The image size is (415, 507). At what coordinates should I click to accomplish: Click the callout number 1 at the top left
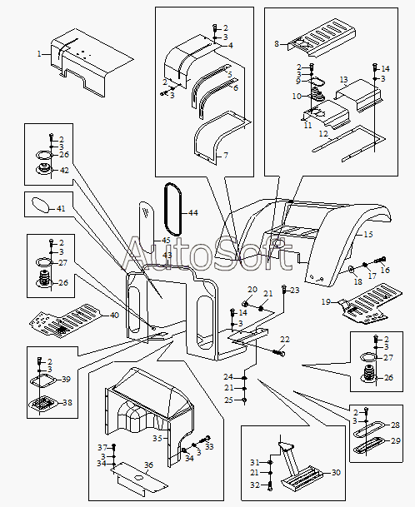tap(39, 54)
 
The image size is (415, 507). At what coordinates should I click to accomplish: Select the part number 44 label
tap(193, 213)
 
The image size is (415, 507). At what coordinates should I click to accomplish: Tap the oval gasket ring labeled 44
tap(173, 209)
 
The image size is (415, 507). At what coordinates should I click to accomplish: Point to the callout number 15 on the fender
tap(368, 234)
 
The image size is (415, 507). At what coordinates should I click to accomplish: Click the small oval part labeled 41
tap(41, 205)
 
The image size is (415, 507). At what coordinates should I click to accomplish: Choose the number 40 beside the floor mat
tap(115, 315)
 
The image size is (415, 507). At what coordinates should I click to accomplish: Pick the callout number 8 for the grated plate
tap(277, 43)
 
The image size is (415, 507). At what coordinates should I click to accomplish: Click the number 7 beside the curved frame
tap(226, 155)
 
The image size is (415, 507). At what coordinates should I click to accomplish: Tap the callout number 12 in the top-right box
tap(323, 133)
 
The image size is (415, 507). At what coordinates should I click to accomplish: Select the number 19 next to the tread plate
tap(326, 301)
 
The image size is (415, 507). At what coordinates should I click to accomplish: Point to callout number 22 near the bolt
tap(285, 339)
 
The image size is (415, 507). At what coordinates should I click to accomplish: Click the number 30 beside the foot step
tap(336, 472)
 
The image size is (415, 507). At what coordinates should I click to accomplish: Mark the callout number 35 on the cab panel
tap(157, 439)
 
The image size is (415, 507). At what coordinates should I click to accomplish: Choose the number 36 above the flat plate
tap(148, 465)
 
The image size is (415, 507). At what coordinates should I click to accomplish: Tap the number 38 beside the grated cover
tap(67, 403)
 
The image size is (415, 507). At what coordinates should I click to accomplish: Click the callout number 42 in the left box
tap(64, 170)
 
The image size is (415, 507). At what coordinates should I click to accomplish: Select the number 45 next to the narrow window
tap(166, 241)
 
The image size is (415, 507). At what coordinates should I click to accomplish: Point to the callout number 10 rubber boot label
tap(297, 96)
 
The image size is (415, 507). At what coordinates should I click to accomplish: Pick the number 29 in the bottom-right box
tap(396, 440)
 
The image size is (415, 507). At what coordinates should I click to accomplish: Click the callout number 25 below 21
tap(228, 400)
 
